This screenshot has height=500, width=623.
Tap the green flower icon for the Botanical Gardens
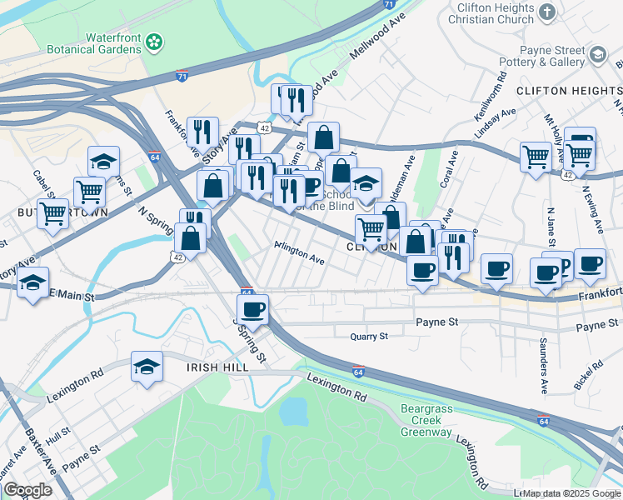[154, 42]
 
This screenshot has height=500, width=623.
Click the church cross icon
[546, 12]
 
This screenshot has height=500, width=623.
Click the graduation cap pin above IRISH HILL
[147, 366]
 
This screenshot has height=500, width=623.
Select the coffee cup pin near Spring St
[252, 309]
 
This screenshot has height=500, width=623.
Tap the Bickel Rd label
[588, 374]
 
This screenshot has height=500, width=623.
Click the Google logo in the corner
[28, 490]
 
